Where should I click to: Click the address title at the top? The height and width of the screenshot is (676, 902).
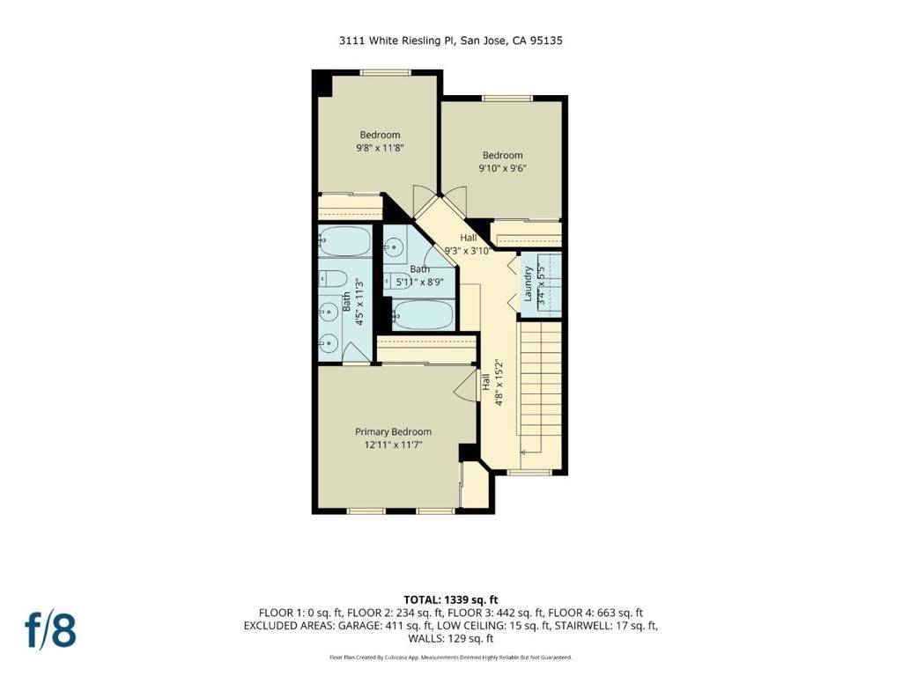pos(450,40)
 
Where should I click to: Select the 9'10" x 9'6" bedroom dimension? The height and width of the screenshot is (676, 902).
pos(502,169)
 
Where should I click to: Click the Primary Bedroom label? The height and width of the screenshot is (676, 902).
pos(393,431)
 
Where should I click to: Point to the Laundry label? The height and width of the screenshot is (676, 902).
pos(529,285)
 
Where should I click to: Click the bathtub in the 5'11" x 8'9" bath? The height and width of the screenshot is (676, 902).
pos(423,314)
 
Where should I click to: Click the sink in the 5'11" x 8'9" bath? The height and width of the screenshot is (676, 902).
pos(395,250)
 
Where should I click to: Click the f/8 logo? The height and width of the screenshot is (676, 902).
pos(49,630)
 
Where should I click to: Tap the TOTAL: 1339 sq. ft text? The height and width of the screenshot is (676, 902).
pos(450,599)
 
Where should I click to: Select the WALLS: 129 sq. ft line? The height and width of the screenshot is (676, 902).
pos(450,639)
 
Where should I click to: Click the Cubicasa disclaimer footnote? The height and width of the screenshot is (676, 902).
pos(450,658)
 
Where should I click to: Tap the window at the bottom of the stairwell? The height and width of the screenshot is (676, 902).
pos(530,473)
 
